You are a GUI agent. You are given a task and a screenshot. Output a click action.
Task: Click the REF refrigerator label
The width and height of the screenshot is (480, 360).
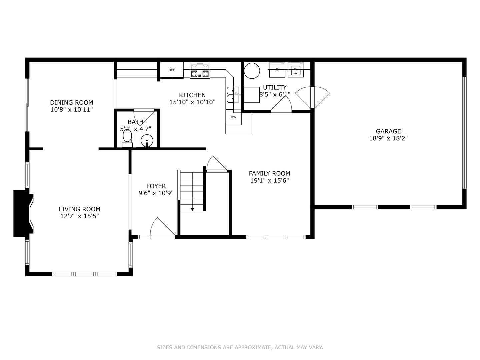[172, 70]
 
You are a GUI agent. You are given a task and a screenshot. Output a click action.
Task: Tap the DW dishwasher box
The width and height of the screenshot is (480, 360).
[234, 117]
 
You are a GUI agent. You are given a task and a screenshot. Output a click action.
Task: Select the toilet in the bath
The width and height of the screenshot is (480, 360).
[127, 139]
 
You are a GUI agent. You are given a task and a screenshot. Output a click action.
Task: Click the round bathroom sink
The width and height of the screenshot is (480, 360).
[147, 140]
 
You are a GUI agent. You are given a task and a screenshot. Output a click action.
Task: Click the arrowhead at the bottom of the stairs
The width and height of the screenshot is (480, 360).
[192, 209]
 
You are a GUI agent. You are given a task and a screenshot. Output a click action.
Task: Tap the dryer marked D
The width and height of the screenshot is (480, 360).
[277, 70]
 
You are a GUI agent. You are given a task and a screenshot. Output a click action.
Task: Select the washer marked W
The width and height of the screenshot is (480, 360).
[296, 70]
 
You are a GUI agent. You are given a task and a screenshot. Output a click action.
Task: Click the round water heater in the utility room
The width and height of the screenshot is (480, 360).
[252, 71]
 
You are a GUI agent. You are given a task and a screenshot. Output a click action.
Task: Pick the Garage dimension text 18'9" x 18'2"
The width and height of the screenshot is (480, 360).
[388, 138]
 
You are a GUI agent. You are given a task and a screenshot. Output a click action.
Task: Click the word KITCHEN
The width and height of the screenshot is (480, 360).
[192, 95]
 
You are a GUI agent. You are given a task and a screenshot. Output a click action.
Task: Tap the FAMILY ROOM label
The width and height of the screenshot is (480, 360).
[270, 173]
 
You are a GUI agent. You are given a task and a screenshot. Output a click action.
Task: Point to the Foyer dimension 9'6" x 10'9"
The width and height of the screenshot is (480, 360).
[156, 193]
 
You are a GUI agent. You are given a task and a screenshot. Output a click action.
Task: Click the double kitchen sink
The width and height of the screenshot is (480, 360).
[233, 95]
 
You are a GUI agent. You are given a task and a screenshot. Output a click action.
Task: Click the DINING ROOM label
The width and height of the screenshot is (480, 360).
[72, 103]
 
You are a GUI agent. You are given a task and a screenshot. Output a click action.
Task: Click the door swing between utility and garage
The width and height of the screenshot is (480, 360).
[312, 97]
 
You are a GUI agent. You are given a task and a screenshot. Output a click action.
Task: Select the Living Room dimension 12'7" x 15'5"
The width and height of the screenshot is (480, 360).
[80, 216]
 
